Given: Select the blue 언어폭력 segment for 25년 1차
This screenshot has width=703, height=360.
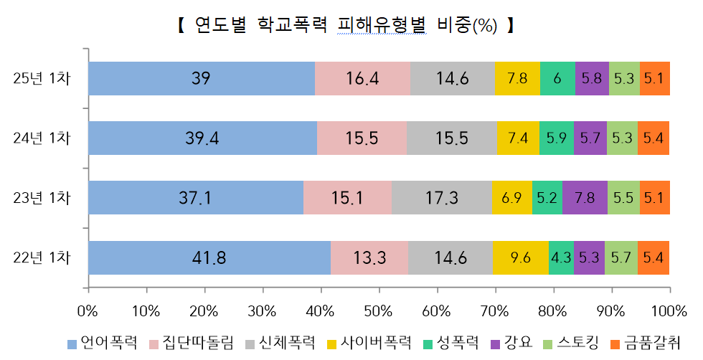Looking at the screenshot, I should coord(201,79).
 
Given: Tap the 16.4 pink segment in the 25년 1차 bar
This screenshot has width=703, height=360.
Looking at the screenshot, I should coord(362,79).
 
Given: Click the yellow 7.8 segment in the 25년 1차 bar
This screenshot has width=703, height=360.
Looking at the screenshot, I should coord(517,79).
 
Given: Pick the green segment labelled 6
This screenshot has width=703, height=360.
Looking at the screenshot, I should coord(557,79).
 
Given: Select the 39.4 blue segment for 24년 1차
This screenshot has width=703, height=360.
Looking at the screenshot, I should coord(202,138).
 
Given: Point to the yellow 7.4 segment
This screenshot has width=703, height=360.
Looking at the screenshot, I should coord(517,138).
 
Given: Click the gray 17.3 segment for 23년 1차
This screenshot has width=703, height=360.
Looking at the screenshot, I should coord(441,198).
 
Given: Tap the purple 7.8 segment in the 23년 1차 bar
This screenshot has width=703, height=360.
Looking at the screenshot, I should coord(585,198).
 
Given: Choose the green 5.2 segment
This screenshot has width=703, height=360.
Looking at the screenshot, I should coord(547,198).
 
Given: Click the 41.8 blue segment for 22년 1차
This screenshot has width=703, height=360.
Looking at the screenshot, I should coord(209,257).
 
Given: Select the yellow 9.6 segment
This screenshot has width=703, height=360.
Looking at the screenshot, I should coord(521,257).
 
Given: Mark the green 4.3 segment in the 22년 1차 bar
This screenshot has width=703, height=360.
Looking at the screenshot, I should coord(561,257).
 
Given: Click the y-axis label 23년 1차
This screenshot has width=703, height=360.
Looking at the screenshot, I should coord(42,198).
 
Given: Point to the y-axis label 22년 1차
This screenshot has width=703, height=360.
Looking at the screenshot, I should coord(42,257).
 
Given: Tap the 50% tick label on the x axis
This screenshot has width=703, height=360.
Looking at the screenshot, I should coord(378,311).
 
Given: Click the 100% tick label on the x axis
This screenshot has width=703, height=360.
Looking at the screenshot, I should coord(669,311).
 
